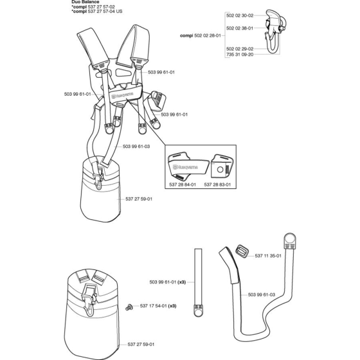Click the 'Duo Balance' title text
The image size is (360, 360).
[85, 2]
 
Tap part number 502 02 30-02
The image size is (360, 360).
[240, 15]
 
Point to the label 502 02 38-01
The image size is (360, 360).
[240, 28]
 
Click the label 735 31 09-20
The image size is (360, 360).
[240, 55]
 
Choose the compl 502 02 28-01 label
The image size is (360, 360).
[201, 35]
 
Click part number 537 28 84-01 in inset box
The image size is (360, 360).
[183, 184]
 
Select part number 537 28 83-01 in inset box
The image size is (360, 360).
[217, 184]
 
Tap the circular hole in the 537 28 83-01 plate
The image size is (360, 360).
[220, 170]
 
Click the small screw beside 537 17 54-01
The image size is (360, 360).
[129, 307]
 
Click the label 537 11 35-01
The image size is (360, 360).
[268, 256]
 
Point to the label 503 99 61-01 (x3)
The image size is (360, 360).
[168, 282]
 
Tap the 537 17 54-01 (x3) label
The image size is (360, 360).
[158, 306]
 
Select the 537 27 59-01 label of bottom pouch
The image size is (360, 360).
[141, 344]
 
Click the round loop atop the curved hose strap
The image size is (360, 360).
[290, 239]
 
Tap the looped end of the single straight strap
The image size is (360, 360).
[198, 311]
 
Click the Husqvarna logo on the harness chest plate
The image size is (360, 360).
[122, 96]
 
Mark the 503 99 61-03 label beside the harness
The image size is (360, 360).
[136, 147]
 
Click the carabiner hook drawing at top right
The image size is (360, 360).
[274, 32]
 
